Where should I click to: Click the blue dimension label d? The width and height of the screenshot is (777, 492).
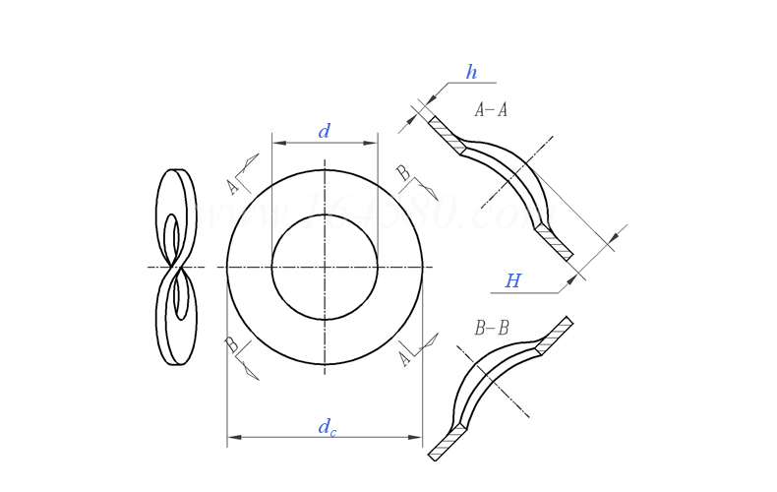324,132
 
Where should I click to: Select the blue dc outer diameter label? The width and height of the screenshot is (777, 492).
326,427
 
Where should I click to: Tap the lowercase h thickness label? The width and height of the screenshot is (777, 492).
471,73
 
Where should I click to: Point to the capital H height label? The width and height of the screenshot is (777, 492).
512,282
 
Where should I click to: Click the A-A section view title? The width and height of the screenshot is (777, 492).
491,110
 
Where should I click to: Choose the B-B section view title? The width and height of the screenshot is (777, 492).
491,329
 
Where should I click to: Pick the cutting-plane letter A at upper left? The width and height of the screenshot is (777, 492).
233,186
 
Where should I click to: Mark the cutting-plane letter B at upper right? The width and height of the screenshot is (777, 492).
402,173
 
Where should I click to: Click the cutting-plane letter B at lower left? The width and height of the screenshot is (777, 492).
231,344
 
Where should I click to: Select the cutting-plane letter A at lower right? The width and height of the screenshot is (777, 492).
404,358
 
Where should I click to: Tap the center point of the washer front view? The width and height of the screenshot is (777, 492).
325,267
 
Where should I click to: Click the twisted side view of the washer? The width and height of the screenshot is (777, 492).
176,267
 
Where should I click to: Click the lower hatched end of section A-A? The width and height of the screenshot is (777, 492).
554,242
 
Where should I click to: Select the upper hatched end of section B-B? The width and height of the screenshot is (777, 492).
554,336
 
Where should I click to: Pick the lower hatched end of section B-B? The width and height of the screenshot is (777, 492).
448,443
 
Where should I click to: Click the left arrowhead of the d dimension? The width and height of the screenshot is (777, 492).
278,143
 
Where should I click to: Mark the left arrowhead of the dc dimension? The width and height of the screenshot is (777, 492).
234,437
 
